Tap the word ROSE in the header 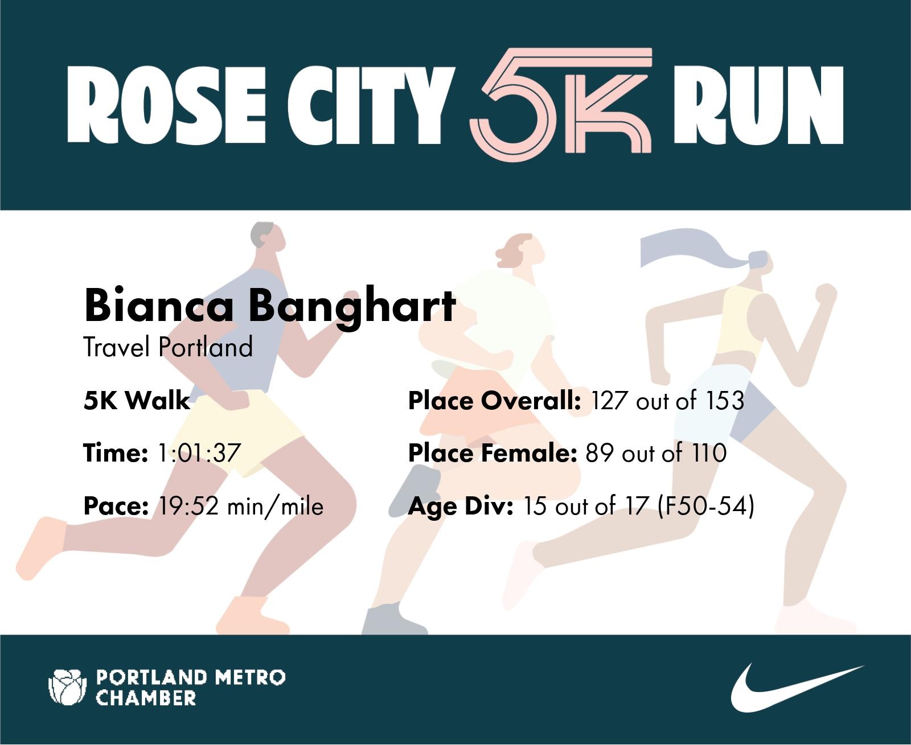[166, 105]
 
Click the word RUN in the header [758, 105]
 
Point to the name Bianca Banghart [269, 306]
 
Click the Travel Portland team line [168, 347]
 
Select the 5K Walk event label [137, 400]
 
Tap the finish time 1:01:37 [199, 453]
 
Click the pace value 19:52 [189, 506]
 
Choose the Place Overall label [494, 400]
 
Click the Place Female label [493, 453]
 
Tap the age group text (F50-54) [705, 506]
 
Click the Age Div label [461, 506]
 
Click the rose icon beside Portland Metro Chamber [67, 687]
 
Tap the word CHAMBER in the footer [146, 698]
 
